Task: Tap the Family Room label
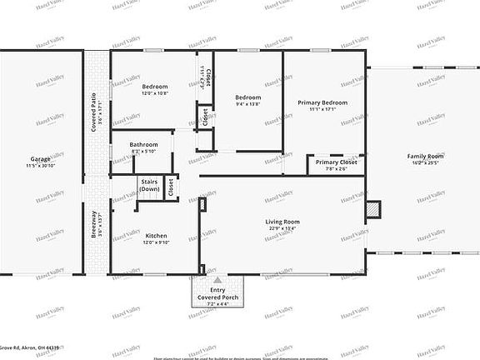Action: pyautogui.click(x=425, y=156)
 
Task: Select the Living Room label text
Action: pyautogui.click(x=282, y=221)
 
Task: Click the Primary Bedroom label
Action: pyautogui.click(x=322, y=102)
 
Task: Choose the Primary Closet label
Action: pyautogui.click(x=337, y=162)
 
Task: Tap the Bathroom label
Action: pyautogui.click(x=143, y=144)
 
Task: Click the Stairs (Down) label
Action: pyautogui.click(x=149, y=185)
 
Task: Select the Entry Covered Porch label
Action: pyautogui.click(x=217, y=293)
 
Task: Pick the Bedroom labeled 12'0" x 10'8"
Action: pyautogui.click(x=155, y=87)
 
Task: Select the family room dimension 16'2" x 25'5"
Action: pyautogui.click(x=425, y=163)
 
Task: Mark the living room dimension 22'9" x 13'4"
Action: pyautogui.click(x=282, y=228)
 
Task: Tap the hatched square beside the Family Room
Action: pyautogui.click(x=374, y=208)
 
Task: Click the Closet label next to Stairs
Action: pyautogui.click(x=171, y=187)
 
